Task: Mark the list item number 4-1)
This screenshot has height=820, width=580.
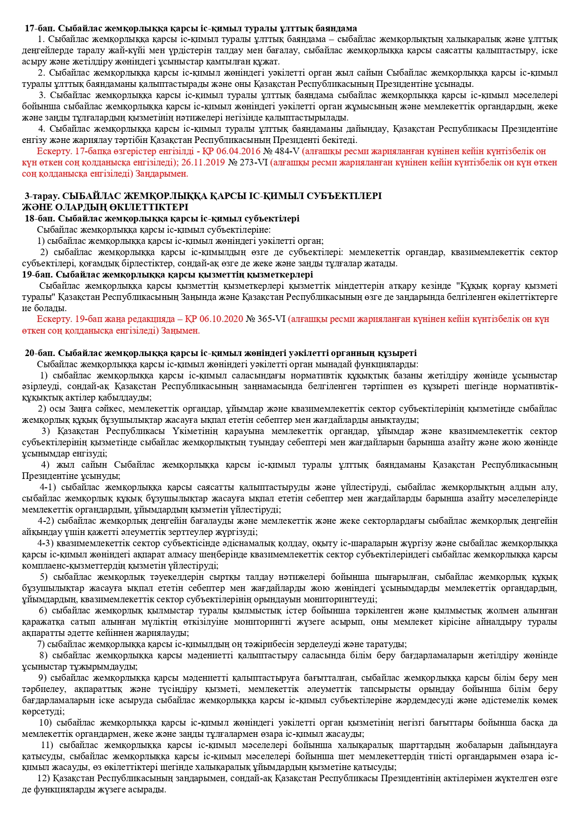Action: point(48,487)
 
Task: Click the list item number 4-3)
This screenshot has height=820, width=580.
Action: point(46,543)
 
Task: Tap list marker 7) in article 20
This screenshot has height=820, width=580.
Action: point(41,644)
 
